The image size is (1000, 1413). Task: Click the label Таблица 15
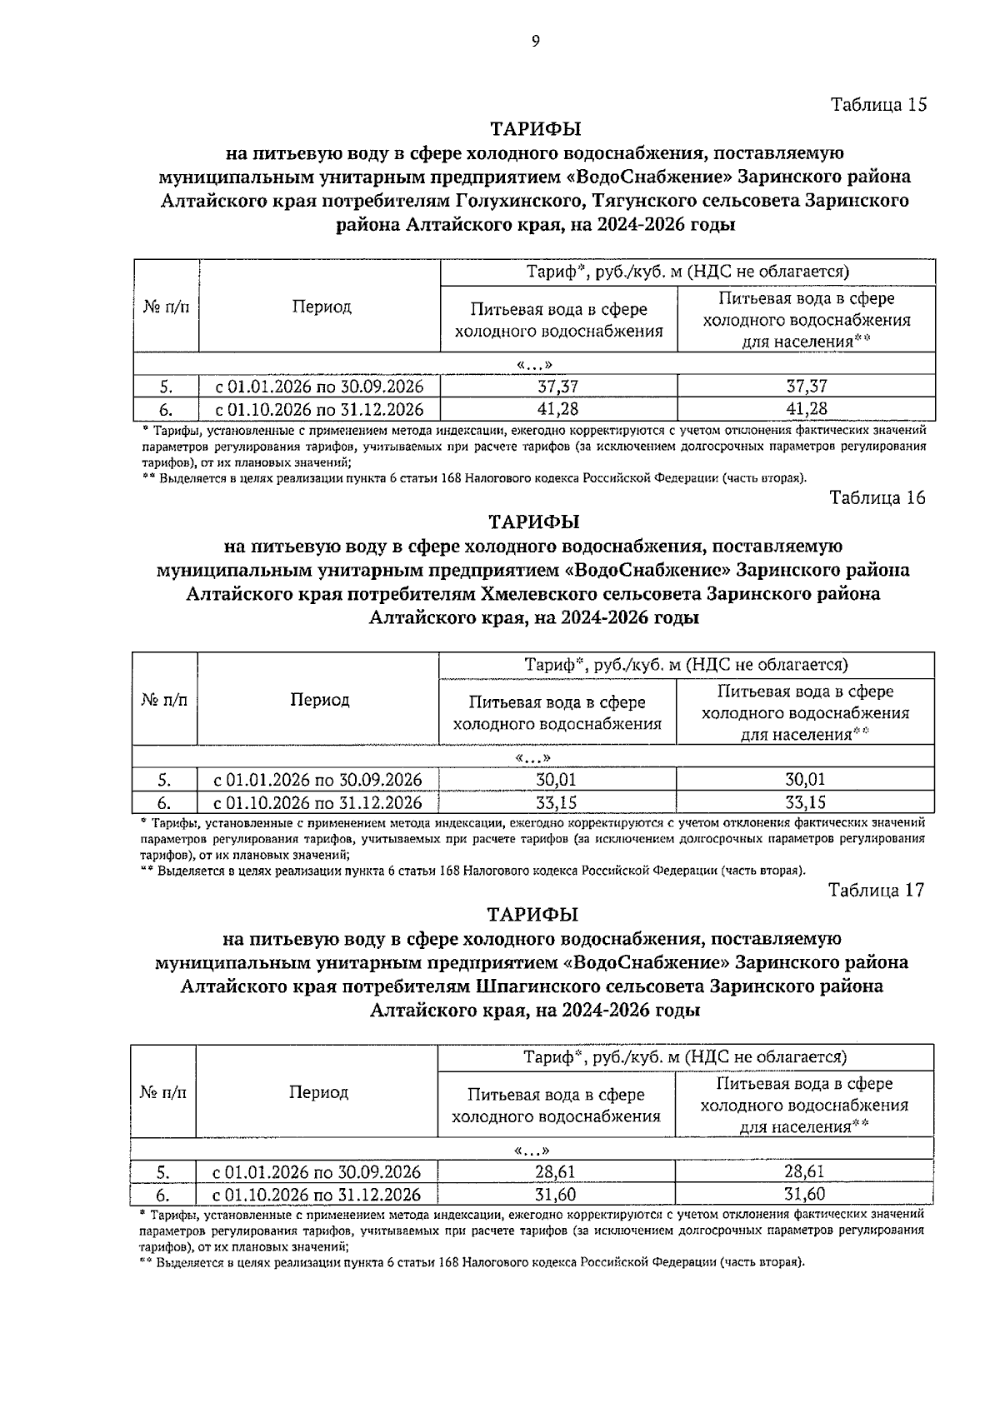point(877,105)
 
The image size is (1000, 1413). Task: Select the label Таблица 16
point(877,498)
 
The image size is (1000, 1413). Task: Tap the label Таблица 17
point(877,890)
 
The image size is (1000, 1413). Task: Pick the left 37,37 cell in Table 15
point(558,387)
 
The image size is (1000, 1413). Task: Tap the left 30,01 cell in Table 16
point(557,780)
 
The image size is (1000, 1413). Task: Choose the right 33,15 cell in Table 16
point(805,802)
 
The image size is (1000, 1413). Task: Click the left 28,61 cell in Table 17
point(555,1171)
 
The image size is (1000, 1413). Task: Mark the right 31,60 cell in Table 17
point(804,1194)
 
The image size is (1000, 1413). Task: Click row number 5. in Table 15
point(167,387)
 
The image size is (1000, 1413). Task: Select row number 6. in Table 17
point(163,1194)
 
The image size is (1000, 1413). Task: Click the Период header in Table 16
point(319,700)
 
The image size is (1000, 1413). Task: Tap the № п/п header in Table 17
point(163,1091)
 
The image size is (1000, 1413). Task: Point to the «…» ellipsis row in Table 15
point(534,364)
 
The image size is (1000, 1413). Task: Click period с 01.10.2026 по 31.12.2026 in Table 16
point(318,802)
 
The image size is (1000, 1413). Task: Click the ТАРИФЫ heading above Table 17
point(533,915)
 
